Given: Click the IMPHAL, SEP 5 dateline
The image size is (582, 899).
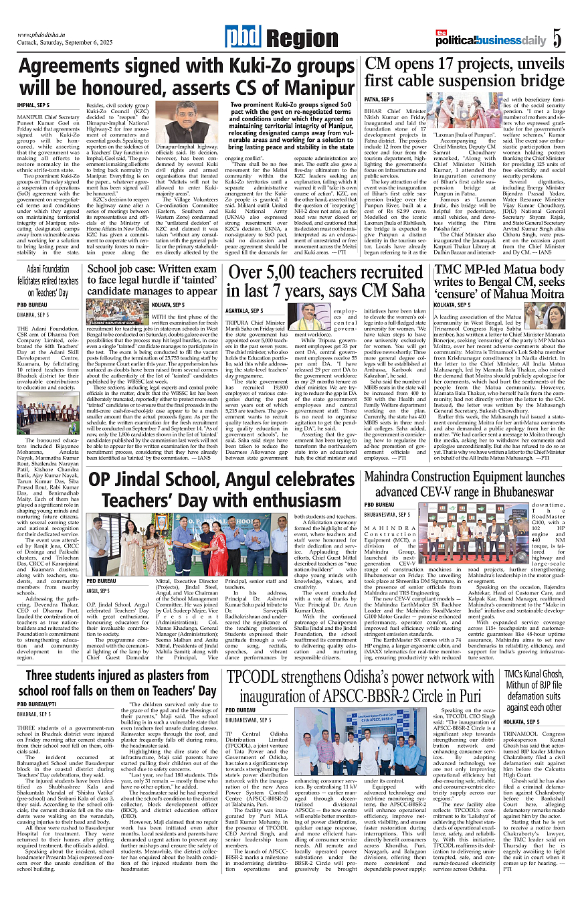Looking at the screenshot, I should point(33,106).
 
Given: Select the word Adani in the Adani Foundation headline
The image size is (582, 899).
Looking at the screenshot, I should point(39,269).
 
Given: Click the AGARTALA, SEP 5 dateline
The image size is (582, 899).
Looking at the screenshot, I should point(244,311).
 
